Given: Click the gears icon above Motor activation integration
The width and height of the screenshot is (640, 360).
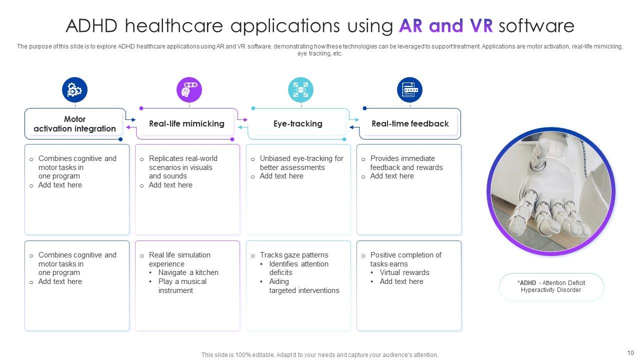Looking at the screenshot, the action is (74, 89).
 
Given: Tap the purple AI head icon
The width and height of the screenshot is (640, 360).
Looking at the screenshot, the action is (189, 89).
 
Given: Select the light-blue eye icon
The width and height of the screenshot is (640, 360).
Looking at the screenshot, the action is (300, 89).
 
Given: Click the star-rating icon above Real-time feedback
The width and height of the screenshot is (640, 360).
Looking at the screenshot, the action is (409, 89).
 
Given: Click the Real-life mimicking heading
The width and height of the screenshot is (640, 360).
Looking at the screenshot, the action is (187, 123).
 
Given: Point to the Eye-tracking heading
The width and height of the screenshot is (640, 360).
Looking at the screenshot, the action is (298, 123).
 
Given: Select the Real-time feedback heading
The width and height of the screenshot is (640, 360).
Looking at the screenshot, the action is (410, 123).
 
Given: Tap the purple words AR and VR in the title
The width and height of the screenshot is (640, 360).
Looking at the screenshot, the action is (446, 25).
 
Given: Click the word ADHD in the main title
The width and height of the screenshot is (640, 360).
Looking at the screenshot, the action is (91, 25).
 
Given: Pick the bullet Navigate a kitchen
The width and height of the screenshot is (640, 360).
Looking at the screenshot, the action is (188, 272).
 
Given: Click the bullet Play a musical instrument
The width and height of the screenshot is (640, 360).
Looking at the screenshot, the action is (182, 286).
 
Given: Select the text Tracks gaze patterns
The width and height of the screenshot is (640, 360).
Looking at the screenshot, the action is (294, 255).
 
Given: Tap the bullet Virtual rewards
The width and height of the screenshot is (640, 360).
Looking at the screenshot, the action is (404, 272).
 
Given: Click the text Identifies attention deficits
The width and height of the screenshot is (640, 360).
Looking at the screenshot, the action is (299, 268).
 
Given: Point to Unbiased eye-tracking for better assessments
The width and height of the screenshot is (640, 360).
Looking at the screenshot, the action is (301, 163).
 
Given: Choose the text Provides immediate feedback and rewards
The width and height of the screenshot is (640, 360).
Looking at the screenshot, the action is (406, 163).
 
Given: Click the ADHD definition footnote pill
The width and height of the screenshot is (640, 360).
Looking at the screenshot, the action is (551, 286).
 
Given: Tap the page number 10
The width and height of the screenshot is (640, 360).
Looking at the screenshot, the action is (630, 353).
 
